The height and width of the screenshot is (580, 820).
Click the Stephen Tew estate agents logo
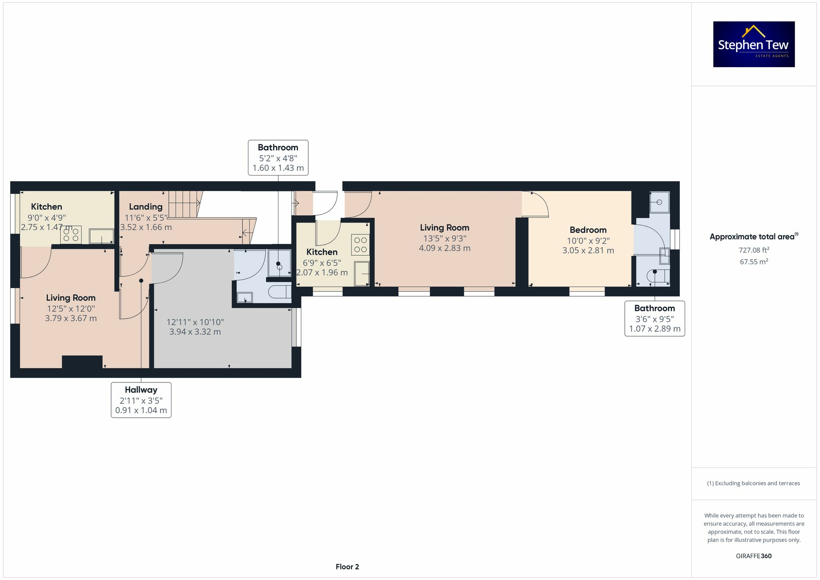pyautogui.click(x=754, y=44)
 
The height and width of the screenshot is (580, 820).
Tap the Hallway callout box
pyautogui.click(x=141, y=400)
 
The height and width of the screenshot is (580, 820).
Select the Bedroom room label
pyautogui.click(x=588, y=230)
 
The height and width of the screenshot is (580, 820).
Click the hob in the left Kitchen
pyautogui.click(x=71, y=235)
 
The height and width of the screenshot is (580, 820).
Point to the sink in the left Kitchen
pyautogui.click(x=101, y=236)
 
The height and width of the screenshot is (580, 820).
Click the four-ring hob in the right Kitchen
pyautogui.click(x=360, y=245)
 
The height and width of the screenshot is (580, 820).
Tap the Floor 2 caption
pyautogui.click(x=347, y=566)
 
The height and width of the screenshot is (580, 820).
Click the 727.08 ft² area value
pyautogui.click(x=754, y=250)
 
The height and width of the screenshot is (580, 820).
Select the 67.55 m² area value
pyautogui.click(x=754, y=262)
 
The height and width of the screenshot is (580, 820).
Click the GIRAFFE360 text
pyautogui.click(x=754, y=556)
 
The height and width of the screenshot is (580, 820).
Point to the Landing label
pyautogui.click(x=146, y=207)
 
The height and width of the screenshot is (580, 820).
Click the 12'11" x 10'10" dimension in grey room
pyautogui.click(x=195, y=322)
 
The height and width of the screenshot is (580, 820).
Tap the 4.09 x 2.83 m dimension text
pyautogui.click(x=444, y=248)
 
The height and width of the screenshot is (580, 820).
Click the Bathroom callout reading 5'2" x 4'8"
pyautogui.click(x=278, y=157)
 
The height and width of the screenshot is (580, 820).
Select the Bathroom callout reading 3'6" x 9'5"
pyautogui.click(x=654, y=318)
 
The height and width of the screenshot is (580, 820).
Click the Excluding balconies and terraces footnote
pyautogui.click(x=754, y=483)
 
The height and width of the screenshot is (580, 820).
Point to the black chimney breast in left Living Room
pyautogui.click(x=82, y=362)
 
